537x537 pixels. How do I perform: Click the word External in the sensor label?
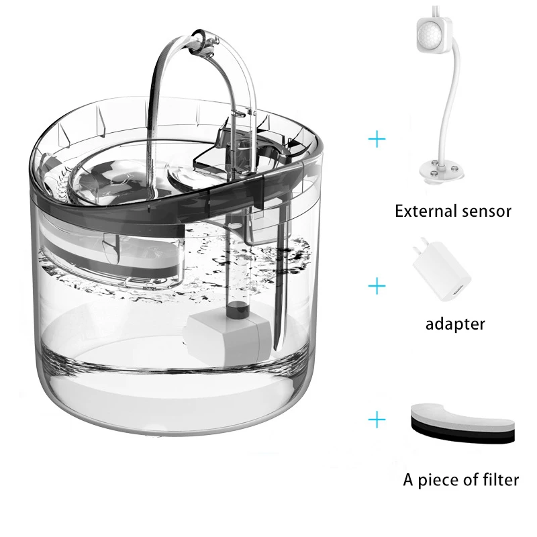click(x=424, y=211)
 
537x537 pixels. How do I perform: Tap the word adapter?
click(x=455, y=324)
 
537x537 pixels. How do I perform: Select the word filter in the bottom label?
click(x=499, y=479)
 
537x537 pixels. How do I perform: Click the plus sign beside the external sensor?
click(x=378, y=139)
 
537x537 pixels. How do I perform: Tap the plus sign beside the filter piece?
click(x=378, y=420)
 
